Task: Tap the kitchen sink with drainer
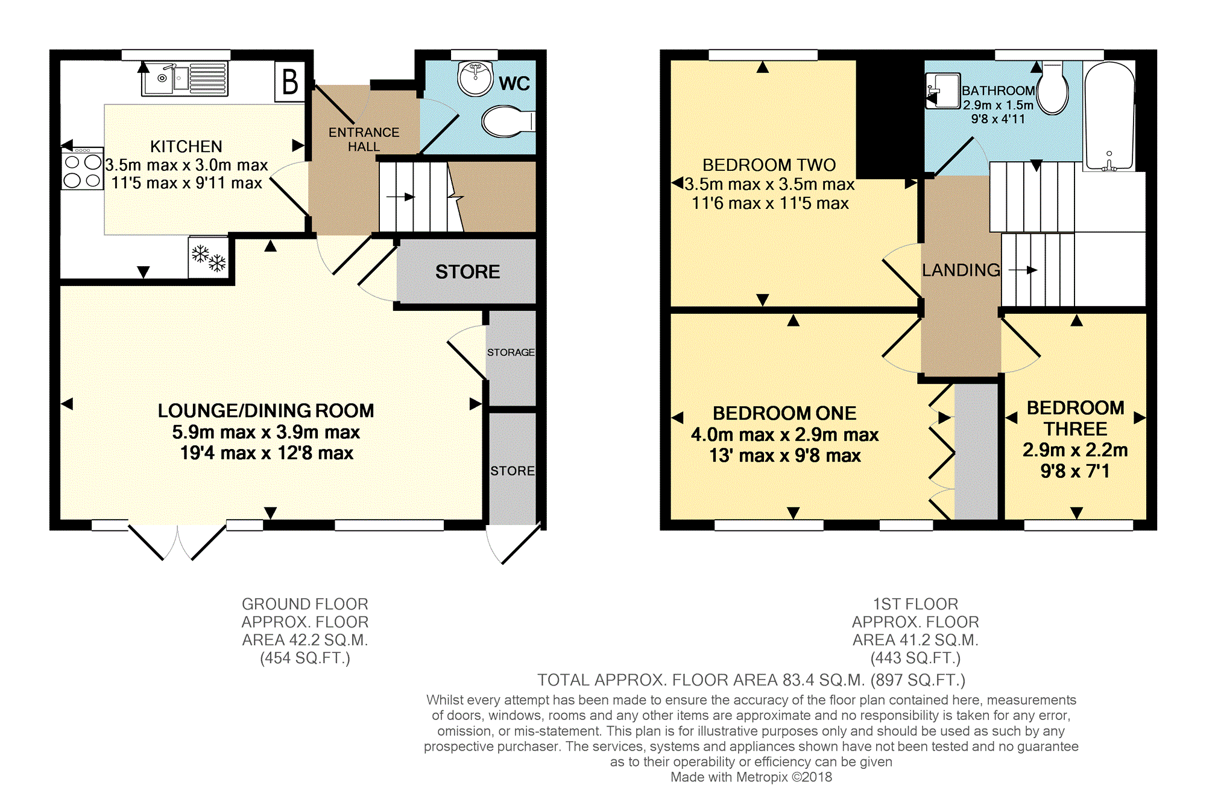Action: click(185, 78)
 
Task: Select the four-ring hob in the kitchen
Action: click(83, 171)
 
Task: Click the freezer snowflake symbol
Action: click(209, 258)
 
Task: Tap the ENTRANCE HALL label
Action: click(364, 139)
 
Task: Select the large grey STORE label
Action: click(467, 272)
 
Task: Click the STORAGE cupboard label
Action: click(511, 352)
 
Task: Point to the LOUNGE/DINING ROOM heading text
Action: click(266, 410)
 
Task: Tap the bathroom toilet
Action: click(1052, 91)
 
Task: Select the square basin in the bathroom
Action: click(942, 91)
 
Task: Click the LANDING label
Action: click(961, 270)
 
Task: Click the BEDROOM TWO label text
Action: click(769, 165)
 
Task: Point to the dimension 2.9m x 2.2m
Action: click(1075, 450)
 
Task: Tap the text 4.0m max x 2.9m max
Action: click(784, 435)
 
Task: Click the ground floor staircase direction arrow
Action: click(401, 197)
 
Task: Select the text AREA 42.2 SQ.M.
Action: click(305, 640)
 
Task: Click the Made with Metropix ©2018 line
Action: click(751, 777)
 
